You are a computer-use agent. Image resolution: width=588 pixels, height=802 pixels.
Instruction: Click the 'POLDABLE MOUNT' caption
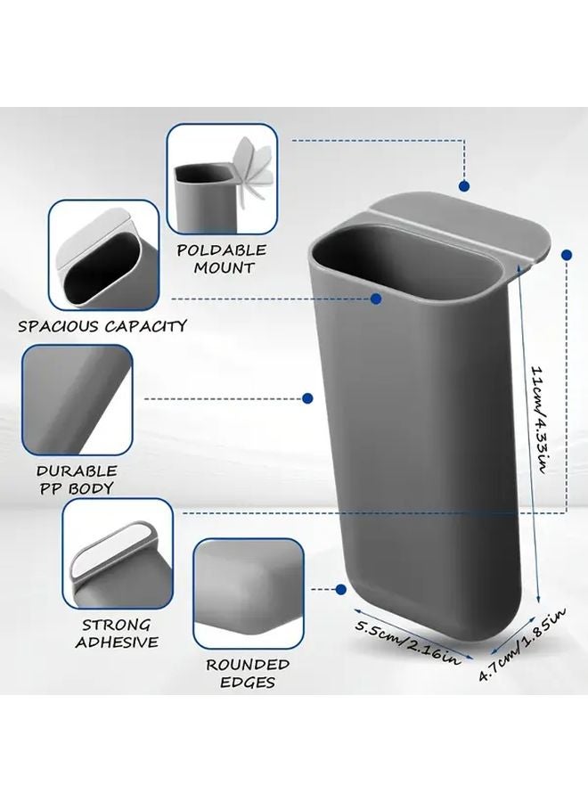[x=223, y=258]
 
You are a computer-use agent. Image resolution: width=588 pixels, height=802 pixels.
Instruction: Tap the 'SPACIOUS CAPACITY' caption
[x=102, y=326]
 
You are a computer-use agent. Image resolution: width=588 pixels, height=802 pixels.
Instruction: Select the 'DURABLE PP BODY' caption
[x=77, y=479]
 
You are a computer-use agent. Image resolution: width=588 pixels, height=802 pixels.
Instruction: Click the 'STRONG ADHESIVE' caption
[x=117, y=634]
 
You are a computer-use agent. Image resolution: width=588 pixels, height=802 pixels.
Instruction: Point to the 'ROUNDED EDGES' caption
[x=248, y=673]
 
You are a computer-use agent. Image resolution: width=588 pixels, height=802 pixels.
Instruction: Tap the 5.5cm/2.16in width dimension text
[x=407, y=642]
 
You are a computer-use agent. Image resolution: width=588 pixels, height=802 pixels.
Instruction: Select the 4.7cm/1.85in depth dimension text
[x=522, y=643]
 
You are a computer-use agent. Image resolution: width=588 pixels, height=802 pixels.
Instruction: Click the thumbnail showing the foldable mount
[x=223, y=179]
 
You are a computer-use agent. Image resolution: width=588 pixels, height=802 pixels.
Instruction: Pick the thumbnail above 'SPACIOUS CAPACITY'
[x=103, y=255]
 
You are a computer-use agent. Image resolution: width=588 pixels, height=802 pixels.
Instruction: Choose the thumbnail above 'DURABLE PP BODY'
[x=78, y=400]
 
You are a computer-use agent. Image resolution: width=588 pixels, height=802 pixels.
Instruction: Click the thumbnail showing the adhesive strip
[x=118, y=553]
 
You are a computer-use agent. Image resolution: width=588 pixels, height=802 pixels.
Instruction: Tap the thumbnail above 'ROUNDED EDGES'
[x=249, y=593]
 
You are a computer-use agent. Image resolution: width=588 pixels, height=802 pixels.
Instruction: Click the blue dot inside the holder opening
[x=376, y=299]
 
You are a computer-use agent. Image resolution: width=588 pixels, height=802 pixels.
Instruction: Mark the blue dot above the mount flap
[x=464, y=186]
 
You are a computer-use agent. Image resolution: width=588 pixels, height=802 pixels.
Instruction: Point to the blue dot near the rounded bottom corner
[x=341, y=590]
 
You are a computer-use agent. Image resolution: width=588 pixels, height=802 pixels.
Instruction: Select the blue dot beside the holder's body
[x=307, y=398]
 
